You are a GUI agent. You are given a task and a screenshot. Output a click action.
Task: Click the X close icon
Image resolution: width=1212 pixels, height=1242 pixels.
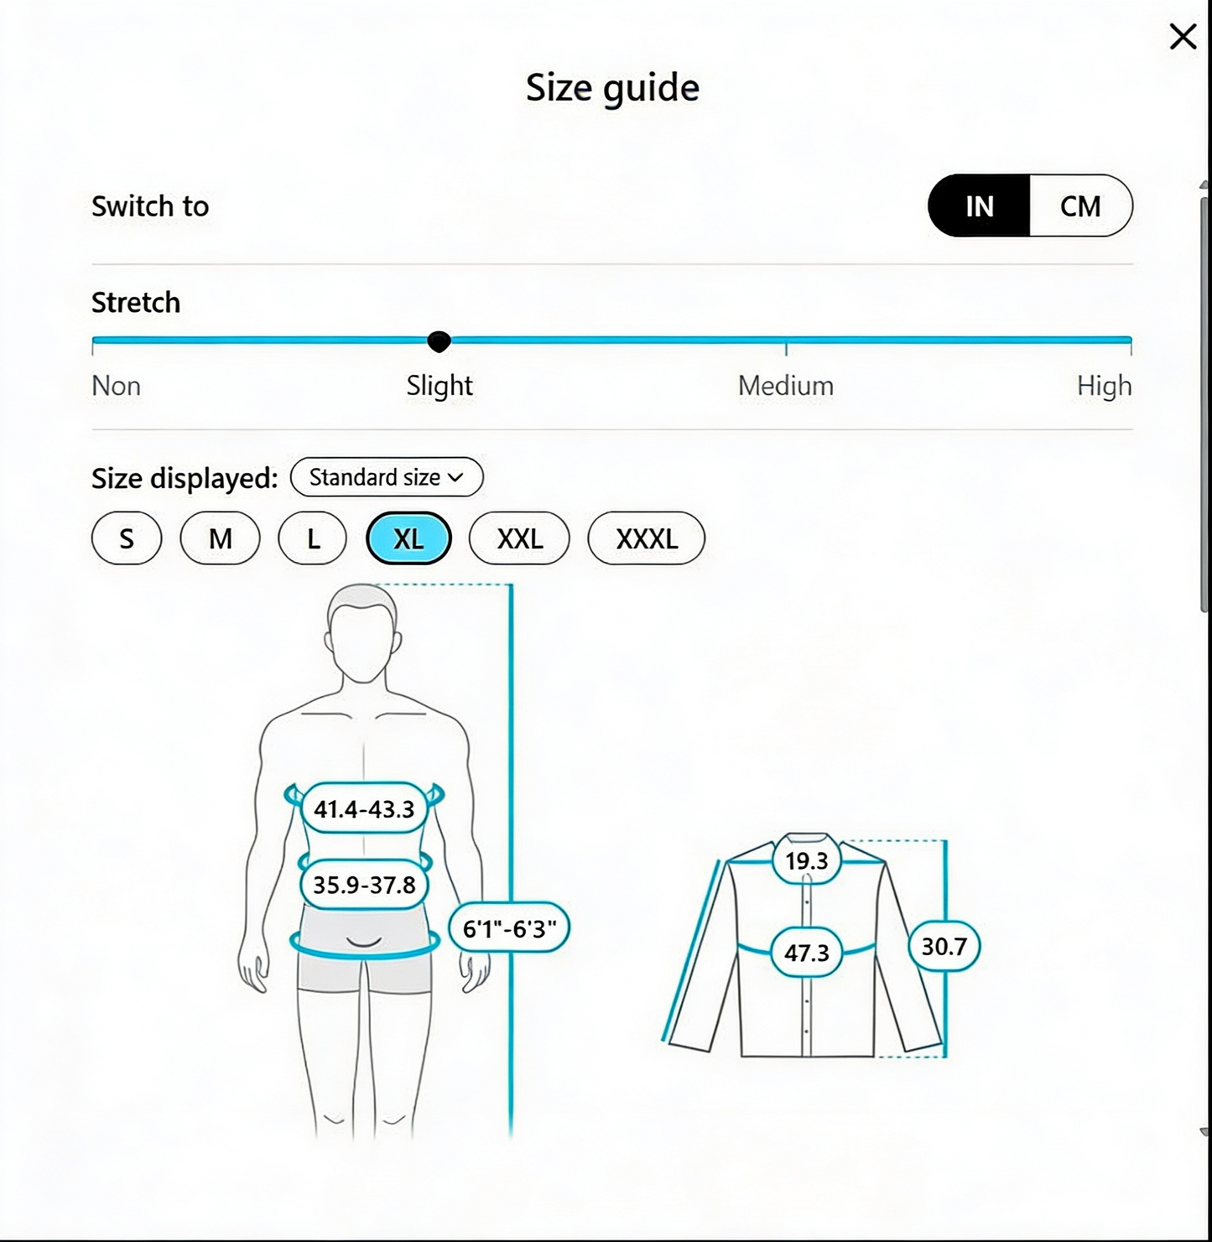[1183, 36]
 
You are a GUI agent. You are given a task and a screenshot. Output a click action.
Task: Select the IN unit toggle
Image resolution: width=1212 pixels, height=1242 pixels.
[979, 205]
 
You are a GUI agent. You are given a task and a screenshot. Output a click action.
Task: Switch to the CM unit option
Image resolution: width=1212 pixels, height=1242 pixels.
[1080, 205]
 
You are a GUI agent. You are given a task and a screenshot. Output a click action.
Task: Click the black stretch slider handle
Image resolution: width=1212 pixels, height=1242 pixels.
[440, 341]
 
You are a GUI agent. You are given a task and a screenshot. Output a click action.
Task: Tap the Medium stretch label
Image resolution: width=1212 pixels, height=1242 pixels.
[786, 386]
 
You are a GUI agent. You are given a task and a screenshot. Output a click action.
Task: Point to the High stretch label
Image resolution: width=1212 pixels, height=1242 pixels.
[1104, 386]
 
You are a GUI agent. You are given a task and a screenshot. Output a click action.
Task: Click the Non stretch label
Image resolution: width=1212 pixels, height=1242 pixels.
[116, 386]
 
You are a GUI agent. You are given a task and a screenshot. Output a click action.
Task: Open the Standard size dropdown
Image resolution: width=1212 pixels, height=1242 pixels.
[386, 477]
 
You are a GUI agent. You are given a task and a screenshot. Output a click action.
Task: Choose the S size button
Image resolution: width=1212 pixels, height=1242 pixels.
[127, 538]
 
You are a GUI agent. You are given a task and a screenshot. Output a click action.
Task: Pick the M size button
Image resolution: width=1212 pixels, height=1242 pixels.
[221, 538]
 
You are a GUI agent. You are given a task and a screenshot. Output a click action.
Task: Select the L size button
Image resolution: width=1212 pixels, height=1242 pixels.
[313, 538]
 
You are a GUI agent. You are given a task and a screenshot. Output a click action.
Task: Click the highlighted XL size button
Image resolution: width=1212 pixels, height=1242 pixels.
[408, 538]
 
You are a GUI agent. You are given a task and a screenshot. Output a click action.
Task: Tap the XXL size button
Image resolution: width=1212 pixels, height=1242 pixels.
[519, 538]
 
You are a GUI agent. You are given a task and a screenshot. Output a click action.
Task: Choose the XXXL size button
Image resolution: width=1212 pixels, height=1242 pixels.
[647, 538]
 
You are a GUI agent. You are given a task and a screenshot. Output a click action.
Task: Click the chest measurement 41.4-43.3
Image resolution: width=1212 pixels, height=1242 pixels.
[364, 808]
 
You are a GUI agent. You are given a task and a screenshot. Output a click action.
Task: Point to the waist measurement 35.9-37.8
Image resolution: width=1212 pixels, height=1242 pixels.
[364, 885]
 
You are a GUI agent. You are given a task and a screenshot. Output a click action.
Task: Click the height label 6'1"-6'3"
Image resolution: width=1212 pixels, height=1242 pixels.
[508, 928]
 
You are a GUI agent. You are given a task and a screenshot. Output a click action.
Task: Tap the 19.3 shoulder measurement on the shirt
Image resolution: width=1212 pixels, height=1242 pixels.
[807, 860]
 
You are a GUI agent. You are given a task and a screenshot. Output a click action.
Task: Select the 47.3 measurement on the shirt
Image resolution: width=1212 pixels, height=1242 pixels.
[807, 952]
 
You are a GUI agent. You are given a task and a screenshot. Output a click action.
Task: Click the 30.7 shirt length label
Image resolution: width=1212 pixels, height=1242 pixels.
[944, 946]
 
